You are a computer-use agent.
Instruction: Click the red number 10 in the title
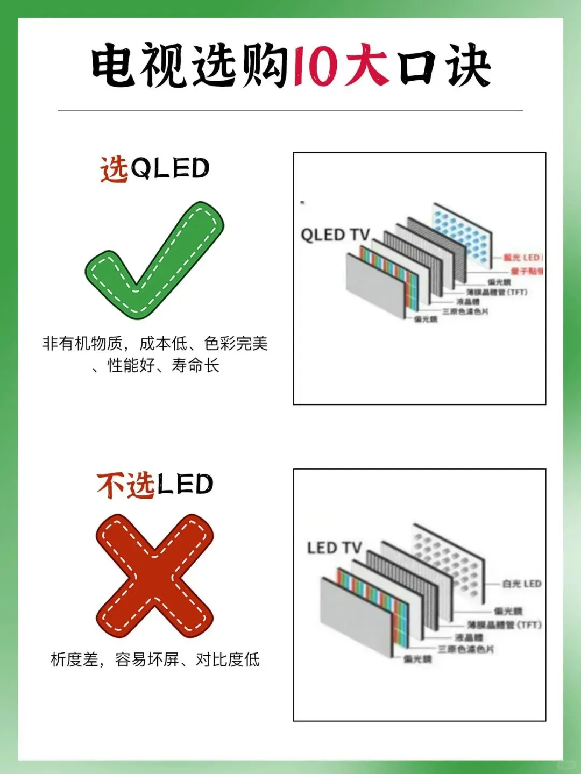pos(314,66)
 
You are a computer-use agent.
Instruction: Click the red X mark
pos(155,576)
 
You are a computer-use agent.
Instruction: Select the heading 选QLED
pos(155,169)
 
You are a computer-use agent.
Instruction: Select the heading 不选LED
pos(155,485)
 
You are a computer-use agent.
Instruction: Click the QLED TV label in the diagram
pos(335,235)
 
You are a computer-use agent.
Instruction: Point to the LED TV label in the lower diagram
pos(334,548)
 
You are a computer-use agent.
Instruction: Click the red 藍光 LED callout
pos(521,258)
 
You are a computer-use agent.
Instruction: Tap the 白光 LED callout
pos(521,584)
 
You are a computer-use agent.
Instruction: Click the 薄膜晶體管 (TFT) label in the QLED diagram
pos(497,292)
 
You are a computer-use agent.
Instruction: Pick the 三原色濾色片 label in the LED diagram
pos(465,649)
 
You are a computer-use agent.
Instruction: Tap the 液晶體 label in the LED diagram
pos(469,637)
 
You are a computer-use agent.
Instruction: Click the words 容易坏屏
pos(147,659)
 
